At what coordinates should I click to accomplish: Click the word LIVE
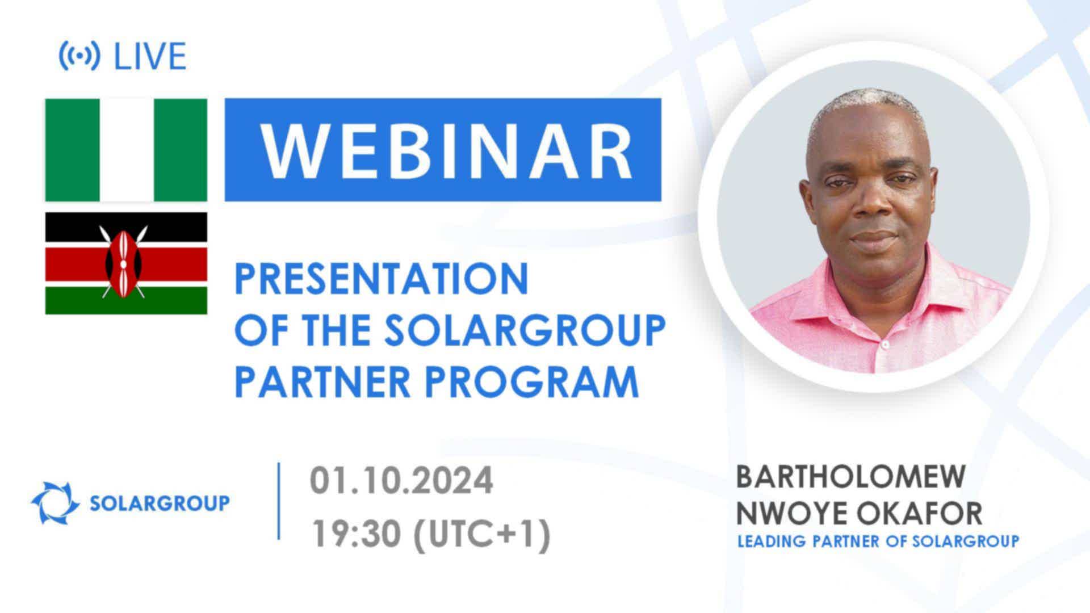click(x=150, y=56)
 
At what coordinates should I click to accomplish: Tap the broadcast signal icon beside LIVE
click(x=79, y=56)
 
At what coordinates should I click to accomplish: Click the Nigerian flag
click(x=126, y=150)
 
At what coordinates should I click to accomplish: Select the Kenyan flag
click(x=126, y=263)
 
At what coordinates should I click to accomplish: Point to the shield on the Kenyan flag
click(x=123, y=263)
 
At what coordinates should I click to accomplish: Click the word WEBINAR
click(x=446, y=150)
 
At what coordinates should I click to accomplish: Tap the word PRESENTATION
click(x=381, y=279)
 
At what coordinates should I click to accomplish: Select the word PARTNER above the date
click(x=322, y=381)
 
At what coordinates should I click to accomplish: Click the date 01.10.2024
click(x=401, y=481)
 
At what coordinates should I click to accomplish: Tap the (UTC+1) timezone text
click(x=483, y=534)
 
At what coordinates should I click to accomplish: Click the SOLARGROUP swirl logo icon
click(x=55, y=502)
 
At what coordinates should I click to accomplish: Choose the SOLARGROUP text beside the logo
click(x=160, y=503)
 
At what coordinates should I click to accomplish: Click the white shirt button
click(x=885, y=345)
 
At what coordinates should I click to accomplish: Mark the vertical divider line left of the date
click(x=279, y=501)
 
